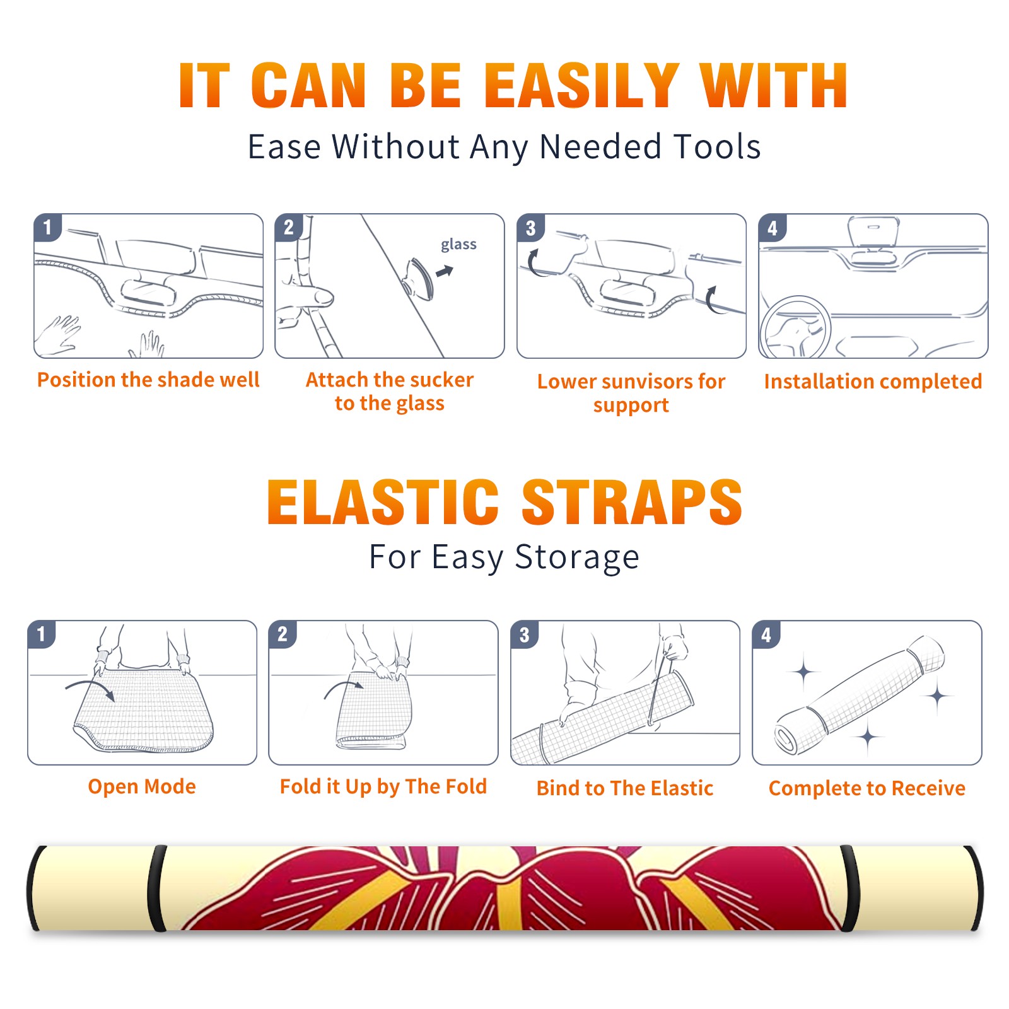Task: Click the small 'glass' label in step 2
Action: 458,245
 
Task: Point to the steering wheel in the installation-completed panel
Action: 795,328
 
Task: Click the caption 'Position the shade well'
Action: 148,380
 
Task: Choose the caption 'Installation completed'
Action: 873,382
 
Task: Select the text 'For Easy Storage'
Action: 504,557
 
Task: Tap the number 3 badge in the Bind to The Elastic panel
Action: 525,634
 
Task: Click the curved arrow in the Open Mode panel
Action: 91,689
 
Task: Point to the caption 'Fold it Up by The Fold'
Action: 383,786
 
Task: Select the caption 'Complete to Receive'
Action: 867,788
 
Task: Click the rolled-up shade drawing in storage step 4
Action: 860,694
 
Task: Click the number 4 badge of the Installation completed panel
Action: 773,228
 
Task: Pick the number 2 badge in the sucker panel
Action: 289,228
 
